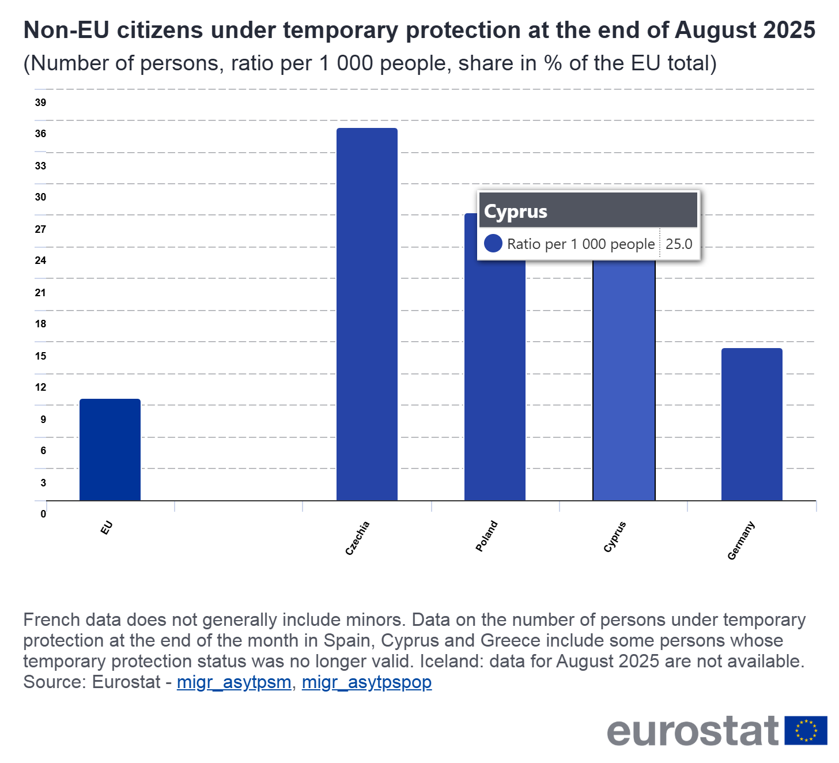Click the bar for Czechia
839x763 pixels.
pyautogui.click(x=367, y=314)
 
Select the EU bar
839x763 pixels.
pyautogui.click(x=110, y=450)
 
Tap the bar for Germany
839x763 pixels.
pyautogui.click(x=751, y=424)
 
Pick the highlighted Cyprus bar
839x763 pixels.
pyautogui.click(x=624, y=380)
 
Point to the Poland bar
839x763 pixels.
pyautogui.click(x=495, y=380)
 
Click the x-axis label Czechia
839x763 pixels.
pyautogui.click(x=357, y=538)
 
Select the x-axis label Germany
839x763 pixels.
pyautogui.click(x=741, y=541)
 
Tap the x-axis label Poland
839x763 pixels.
pyautogui.click(x=486, y=536)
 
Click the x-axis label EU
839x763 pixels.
pyautogui.click(x=107, y=528)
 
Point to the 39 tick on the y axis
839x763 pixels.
pyautogui.click(x=40, y=103)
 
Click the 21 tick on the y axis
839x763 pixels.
pyautogui.click(x=40, y=293)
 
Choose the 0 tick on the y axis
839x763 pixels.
pyautogui.click(x=43, y=514)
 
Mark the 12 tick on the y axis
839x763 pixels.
pyautogui.click(x=40, y=387)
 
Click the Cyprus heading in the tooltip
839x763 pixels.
pyautogui.click(x=516, y=211)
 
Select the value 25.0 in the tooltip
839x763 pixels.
pyautogui.click(x=679, y=244)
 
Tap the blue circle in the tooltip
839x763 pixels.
pyautogui.click(x=493, y=244)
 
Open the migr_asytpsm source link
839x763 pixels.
pyautogui.click(x=234, y=682)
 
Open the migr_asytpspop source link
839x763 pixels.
pyautogui.click(x=366, y=682)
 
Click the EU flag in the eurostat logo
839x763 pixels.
pyautogui.click(x=806, y=730)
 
